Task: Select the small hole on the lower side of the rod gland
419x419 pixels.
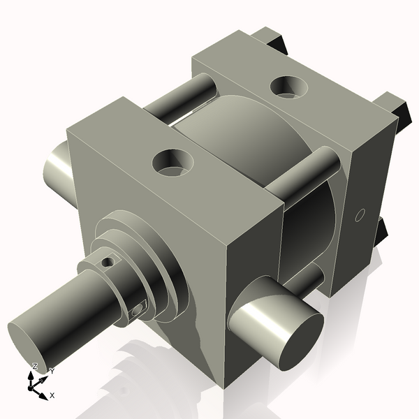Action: point(138,308)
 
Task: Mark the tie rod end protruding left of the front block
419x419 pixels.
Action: point(56,168)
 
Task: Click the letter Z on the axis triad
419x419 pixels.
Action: point(34,366)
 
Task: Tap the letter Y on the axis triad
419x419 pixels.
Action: point(52,372)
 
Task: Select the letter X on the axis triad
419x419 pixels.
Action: point(52,395)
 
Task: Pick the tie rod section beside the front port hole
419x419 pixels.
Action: point(300,178)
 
